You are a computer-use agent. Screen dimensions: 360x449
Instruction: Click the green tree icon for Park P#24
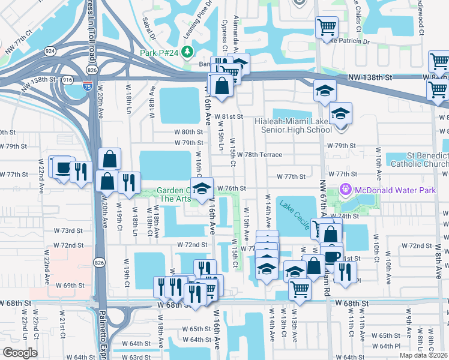187,52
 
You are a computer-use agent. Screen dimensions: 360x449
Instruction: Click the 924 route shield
49,52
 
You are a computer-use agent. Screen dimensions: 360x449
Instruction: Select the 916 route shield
68,79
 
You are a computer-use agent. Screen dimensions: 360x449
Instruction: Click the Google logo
20,353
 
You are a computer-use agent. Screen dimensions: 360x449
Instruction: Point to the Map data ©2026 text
424,355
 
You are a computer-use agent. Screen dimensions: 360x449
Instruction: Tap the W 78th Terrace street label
259,154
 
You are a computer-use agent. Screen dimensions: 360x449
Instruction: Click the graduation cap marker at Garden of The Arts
202,187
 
